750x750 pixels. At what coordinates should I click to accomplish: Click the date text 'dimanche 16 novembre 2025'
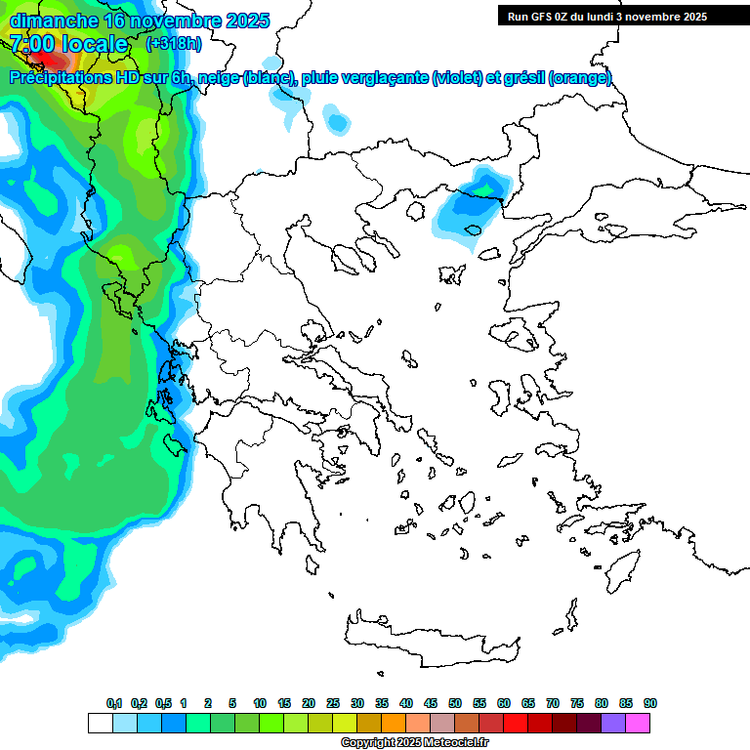[139, 21]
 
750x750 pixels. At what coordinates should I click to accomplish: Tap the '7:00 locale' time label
[68, 43]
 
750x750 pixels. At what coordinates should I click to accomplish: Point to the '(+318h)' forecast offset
[174, 43]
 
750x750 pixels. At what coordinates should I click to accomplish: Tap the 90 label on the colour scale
[649, 704]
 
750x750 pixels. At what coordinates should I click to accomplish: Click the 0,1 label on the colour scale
[114, 704]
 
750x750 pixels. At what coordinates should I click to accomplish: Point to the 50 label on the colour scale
[454, 704]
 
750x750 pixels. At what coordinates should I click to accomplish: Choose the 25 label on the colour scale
[332, 704]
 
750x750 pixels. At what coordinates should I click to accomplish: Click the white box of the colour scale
[100, 723]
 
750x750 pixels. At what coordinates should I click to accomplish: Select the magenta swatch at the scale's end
[639, 723]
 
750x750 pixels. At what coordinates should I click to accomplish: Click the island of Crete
[439, 635]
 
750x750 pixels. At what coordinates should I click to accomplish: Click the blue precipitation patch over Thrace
[473, 200]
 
